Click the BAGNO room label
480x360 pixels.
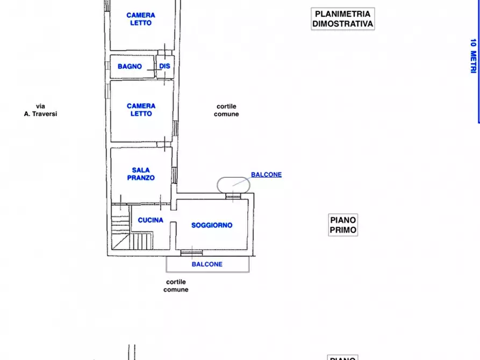pyautogui.click(x=130, y=67)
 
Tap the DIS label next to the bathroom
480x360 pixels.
pyautogui.click(x=164, y=67)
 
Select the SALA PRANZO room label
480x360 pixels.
pyautogui.click(x=141, y=174)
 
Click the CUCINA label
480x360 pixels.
pyautogui.click(x=151, y=220)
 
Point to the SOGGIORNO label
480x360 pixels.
pyautogui.click(x=212, y=225)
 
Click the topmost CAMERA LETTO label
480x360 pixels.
pyautogui.click(x=141, y=19)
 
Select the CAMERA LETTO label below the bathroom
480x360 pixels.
pyautogui.click(x=141, y=110)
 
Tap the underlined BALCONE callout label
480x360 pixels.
pyautogui.click(x=266, y=175)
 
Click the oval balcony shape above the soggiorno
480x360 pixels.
pyautogui.click(x=233, y=185)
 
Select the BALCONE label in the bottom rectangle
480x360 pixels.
pyautogui.click(x=207, y=264)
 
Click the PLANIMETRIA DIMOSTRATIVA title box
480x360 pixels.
pyautogui.click(x=342, y=19)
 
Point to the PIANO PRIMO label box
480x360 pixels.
pyautogui.click(x=343, y=225)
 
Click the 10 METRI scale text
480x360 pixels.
pyautogui.click(x=473, y=56)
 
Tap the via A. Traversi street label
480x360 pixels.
pyautogui.click(x=40, y=110)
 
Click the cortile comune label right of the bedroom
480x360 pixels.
pyautogui.click(x=226, y=110)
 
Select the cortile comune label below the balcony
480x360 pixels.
pyautogui.click(x=176, y=286)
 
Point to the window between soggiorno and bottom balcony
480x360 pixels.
pyautogui.click(x=191, y=252)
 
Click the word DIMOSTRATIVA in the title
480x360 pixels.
pyautogui.click(x=342, y=24)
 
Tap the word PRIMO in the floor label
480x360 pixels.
pyautogui.click(x=343, y=230)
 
